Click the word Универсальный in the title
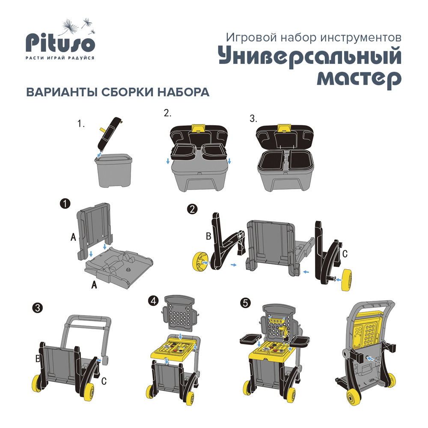coord(310,57)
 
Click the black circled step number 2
coord(193,209)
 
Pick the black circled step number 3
coord(38,307)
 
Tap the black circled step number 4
coord(153,301)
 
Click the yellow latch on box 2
coord(198,128)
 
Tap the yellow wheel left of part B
coord(199,261)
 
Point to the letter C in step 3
coord(104,379)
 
